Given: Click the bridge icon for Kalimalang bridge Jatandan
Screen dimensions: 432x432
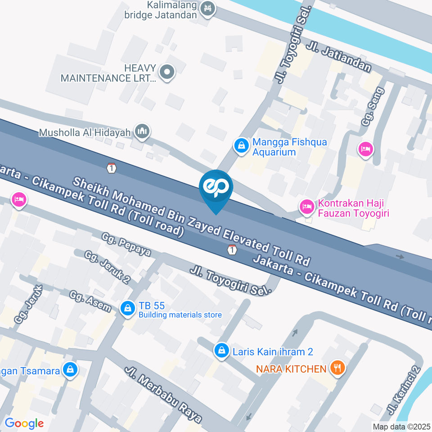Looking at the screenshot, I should click(207, 8).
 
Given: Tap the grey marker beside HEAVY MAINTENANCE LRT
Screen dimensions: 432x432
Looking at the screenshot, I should click(167, 71).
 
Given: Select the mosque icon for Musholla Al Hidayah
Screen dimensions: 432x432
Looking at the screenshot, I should click(143, 131).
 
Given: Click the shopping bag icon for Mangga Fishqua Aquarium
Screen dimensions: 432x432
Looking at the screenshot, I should click(242, 145).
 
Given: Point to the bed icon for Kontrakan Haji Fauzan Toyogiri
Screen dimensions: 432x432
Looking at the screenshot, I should click(307, 207).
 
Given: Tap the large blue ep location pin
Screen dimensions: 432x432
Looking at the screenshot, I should click(216, 187).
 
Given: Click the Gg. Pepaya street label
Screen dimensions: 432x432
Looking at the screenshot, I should click(126, 244).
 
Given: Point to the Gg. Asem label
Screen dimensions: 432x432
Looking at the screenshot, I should click(90, 301).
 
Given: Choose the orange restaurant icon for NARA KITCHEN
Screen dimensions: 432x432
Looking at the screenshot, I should click(337, 368).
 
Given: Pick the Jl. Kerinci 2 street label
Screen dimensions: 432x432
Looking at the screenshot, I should click(404, 390).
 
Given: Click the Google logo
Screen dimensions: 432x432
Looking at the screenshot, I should click(24, 423).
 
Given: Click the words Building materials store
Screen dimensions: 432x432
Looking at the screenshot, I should click(180, 315).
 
